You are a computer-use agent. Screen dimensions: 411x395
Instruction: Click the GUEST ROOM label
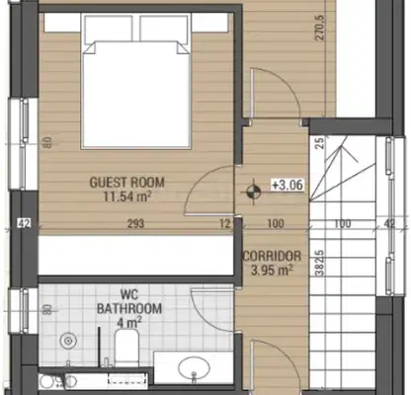(127, 183)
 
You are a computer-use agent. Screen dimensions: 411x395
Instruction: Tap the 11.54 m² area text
(127, 197)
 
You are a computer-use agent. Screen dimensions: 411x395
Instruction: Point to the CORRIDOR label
(272, 256)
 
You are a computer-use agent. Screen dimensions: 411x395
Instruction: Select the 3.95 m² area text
(272, 271)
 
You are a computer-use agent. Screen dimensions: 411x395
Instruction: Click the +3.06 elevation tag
(288, 185)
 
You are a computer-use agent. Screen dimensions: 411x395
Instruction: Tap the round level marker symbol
(254, 192)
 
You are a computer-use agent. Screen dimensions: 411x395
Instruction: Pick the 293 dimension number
(136, 224)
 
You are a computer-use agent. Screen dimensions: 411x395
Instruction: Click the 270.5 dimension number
(320, 28)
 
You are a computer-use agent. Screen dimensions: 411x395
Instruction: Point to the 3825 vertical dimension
(319, 263)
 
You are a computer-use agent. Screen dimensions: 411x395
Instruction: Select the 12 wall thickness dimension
(225, 224)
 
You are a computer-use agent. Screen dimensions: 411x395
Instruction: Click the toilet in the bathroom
(126, 348)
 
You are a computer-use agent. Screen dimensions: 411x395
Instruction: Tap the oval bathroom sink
(194, 367)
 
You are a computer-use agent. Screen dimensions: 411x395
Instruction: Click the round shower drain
(68, 341)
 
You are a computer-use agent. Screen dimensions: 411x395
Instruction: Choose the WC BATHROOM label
(129, 301)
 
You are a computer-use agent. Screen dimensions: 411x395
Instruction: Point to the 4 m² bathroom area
(129, 322)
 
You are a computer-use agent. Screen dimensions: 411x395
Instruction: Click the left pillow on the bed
(109, 29)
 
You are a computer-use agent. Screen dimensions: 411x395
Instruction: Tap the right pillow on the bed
(165, 29)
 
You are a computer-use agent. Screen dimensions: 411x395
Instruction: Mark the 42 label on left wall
(25, 224)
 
